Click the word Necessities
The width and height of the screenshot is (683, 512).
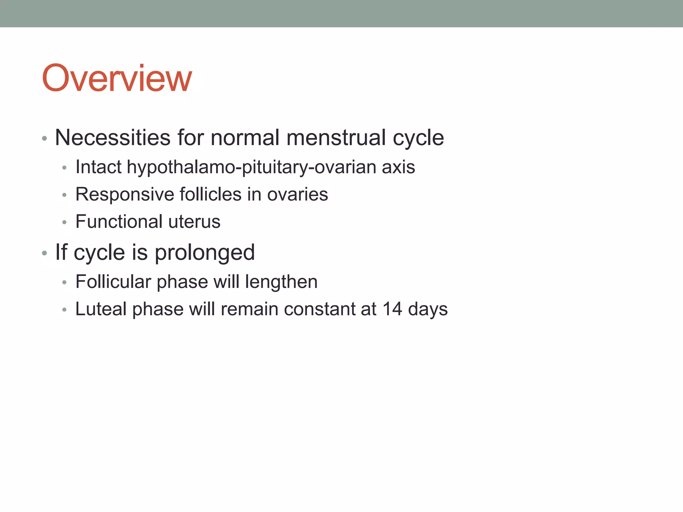(113, 137)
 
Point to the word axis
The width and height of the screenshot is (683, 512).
(398, 167)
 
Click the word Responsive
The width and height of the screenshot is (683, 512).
(124, 194)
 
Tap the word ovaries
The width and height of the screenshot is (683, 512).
(297, 194)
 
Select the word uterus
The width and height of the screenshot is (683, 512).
(194, 222)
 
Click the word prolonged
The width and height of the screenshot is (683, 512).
(205, 252)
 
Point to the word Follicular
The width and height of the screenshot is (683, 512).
(113, 282)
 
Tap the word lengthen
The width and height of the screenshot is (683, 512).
(281, 282)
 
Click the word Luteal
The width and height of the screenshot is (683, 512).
(101, 309)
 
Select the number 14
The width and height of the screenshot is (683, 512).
(392, 309)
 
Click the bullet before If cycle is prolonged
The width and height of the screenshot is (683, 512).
(45, 253)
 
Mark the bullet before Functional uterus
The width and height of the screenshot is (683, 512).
(65, 222)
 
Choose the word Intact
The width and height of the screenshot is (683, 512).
(98, 167)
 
